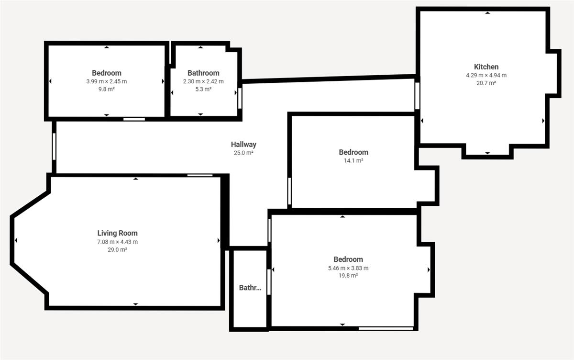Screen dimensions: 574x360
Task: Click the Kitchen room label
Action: [486, 67]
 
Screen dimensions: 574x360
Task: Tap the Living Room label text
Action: [117, 233]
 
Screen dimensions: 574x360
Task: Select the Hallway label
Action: [243, 145]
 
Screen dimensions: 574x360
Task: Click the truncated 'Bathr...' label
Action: [250, 288]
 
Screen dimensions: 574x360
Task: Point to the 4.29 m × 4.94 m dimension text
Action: [486, 75]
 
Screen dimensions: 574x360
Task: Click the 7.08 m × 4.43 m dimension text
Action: [117, 242]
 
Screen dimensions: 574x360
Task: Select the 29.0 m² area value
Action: [117, 249]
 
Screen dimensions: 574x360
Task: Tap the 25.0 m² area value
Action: [243, 153]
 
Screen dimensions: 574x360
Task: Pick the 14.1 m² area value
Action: [353, 160]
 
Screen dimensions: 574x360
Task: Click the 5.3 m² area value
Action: [203, 89]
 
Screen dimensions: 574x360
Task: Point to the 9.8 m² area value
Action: [106, 89]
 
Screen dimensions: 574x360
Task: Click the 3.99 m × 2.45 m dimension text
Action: [106, 81]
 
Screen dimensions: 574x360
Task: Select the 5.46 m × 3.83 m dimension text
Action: [348, 268]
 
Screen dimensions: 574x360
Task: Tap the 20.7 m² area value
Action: [486, 83]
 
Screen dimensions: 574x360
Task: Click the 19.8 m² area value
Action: [348, 276]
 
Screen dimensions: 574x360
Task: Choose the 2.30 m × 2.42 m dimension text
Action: [203, 81]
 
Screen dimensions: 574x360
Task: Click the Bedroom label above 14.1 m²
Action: [353, 152]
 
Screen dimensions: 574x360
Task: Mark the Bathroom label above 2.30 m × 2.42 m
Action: [203, 73]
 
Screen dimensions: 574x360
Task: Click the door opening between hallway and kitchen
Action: [417, 96]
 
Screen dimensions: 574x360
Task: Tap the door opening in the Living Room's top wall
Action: [200, 175]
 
